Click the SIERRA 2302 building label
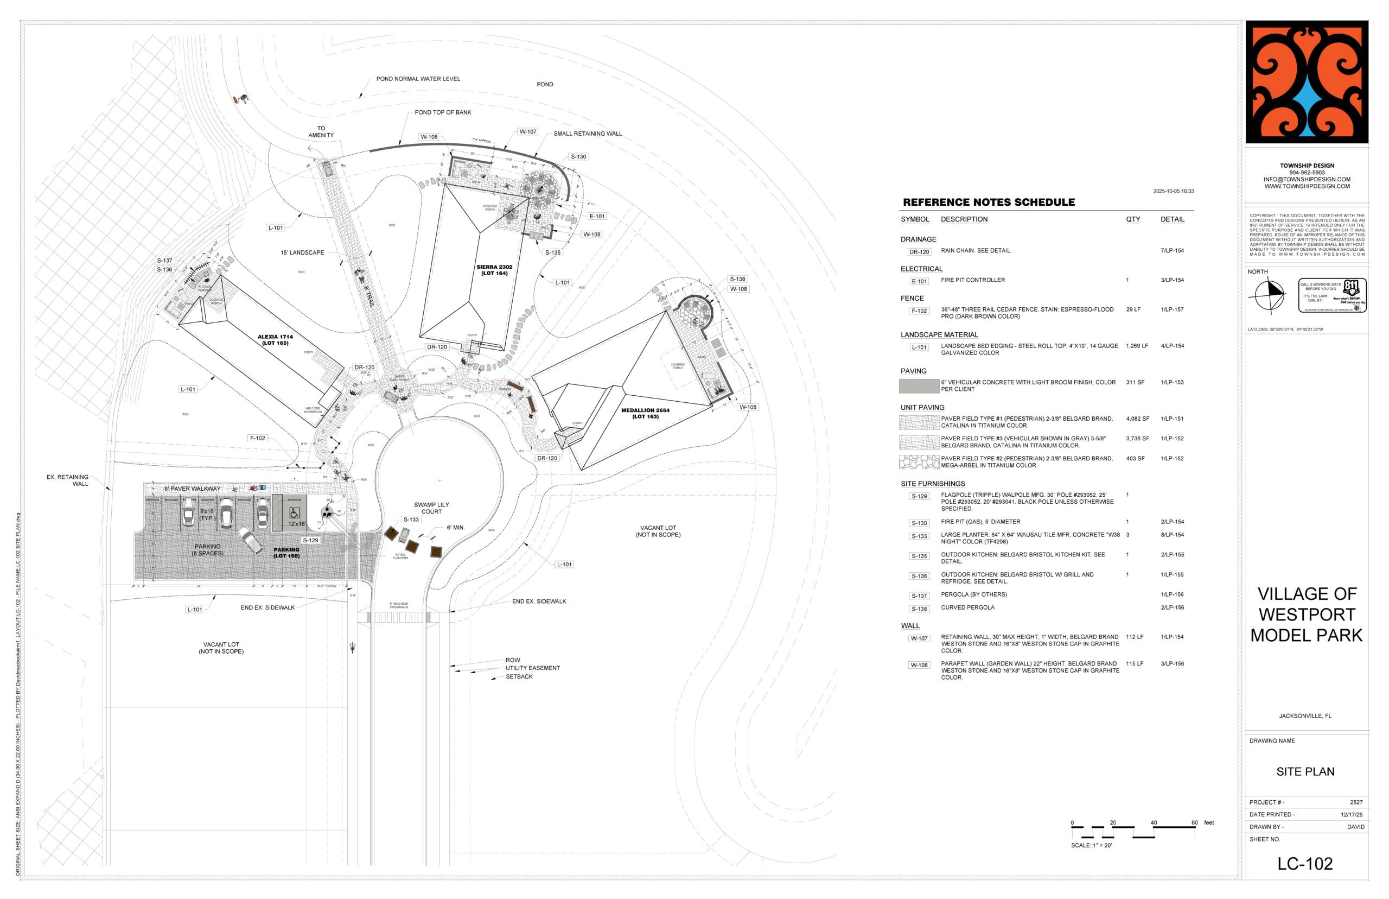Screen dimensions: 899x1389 [x=494, y=270]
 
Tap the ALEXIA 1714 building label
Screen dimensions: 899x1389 [x=275, y=340]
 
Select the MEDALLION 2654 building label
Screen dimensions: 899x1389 [x=645, y=413]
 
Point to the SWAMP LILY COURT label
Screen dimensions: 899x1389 [x=431, y=508]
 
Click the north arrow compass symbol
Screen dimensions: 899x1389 [x=1267, y=295]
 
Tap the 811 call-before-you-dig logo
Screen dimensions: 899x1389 [x=1332, y=295]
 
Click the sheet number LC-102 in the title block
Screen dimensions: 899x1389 [x=1304, y=863]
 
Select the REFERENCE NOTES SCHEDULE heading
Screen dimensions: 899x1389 [x=988, y=202]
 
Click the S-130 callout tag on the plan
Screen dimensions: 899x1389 [x=578, y=157]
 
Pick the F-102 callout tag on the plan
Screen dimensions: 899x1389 [x=257, y=438]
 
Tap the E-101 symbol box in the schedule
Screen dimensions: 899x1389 [x=919, y=281]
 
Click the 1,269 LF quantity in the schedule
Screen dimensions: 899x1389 [x=1136, y=346]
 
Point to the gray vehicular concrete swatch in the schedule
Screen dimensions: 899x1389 [x=919, y=386]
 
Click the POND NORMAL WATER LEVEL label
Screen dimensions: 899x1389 [x=418, y=79]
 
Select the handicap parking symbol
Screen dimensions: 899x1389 [x=295, y=513]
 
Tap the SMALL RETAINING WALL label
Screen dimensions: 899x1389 [x=588, y=134]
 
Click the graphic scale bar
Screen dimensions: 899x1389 [x=1133, y=831]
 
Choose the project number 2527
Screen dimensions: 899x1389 [x=1356, y=802]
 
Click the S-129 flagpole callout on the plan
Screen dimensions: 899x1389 [x=310, y=540]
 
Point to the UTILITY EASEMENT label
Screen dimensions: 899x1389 [x=532, y=668]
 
